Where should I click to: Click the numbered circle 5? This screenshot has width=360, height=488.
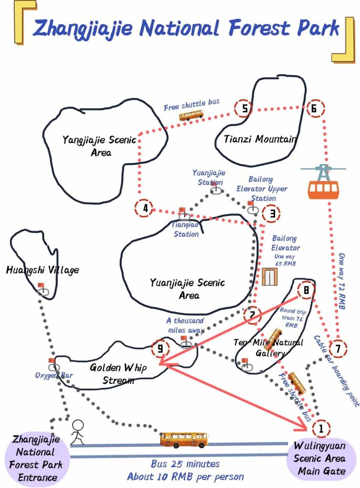[x=245, y=109]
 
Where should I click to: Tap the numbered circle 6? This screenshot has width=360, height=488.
[x=314, y=109]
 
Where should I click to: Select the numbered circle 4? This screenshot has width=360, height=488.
[x=145, y=208]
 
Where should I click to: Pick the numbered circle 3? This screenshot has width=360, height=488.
[x=271, y=213]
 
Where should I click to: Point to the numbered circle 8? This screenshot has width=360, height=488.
[x=306, y=289]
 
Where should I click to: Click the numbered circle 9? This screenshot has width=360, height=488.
[x=160, y=348]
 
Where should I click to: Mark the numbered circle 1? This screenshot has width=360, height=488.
[x=321, y=428]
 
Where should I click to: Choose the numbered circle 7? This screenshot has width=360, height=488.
[x=338, y=349]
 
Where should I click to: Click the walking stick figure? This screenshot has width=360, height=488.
[x=77, y=432]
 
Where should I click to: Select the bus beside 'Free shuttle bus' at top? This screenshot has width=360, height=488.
[x=191, y=115]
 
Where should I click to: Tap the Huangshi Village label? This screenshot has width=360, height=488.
[x=42, y=270]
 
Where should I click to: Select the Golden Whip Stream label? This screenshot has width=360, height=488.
[x=118, y=374]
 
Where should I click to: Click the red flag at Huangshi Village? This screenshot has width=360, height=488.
[x=41, y=286]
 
